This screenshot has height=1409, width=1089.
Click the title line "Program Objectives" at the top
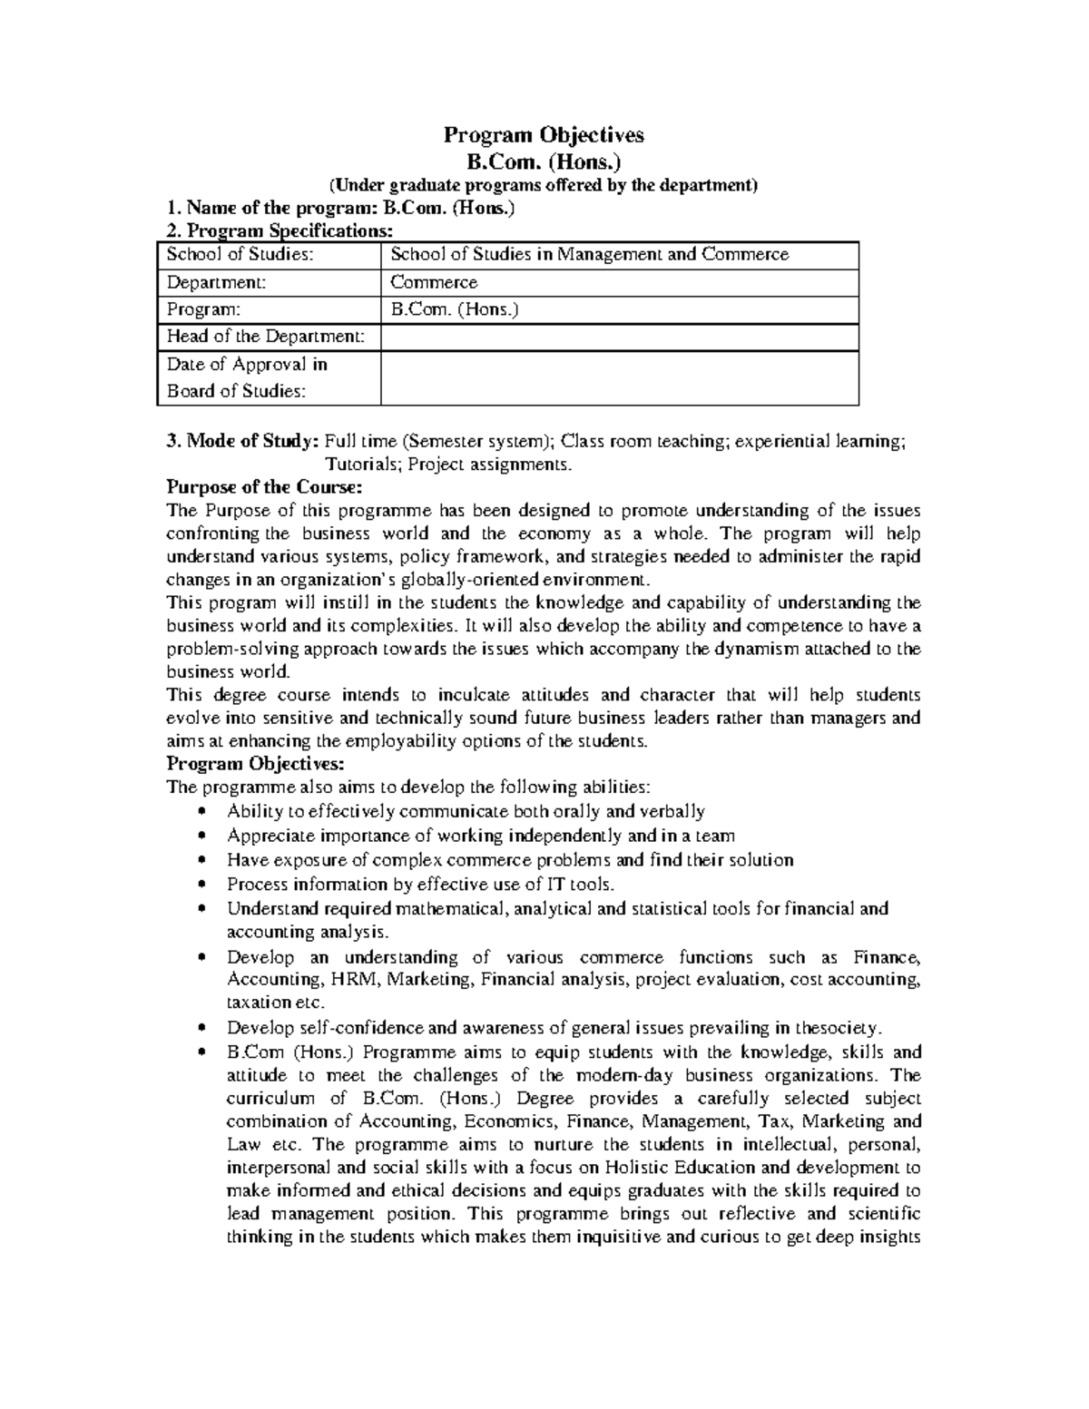pyautogui.click(x=543, y=135)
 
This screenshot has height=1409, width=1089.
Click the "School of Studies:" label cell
pyautogui.click(x=240, y=255)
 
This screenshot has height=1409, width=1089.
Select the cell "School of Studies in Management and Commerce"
pyautogui.click(x=589, y=255)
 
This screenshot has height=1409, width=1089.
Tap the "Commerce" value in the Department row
pyautogui.click(x=434, y=282)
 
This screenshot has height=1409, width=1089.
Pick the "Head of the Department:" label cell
pyautogui.click(x=266, y=337)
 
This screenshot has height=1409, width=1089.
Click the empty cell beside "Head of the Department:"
pyautogui.click(x=619, y=337)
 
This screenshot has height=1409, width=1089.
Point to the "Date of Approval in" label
pyautogui.click(x=247, y=365)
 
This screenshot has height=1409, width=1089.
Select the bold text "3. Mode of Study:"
pyautogui.click(x=242, y=442)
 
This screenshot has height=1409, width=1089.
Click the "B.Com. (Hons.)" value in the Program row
pyautogui.click(x=455, y=309)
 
